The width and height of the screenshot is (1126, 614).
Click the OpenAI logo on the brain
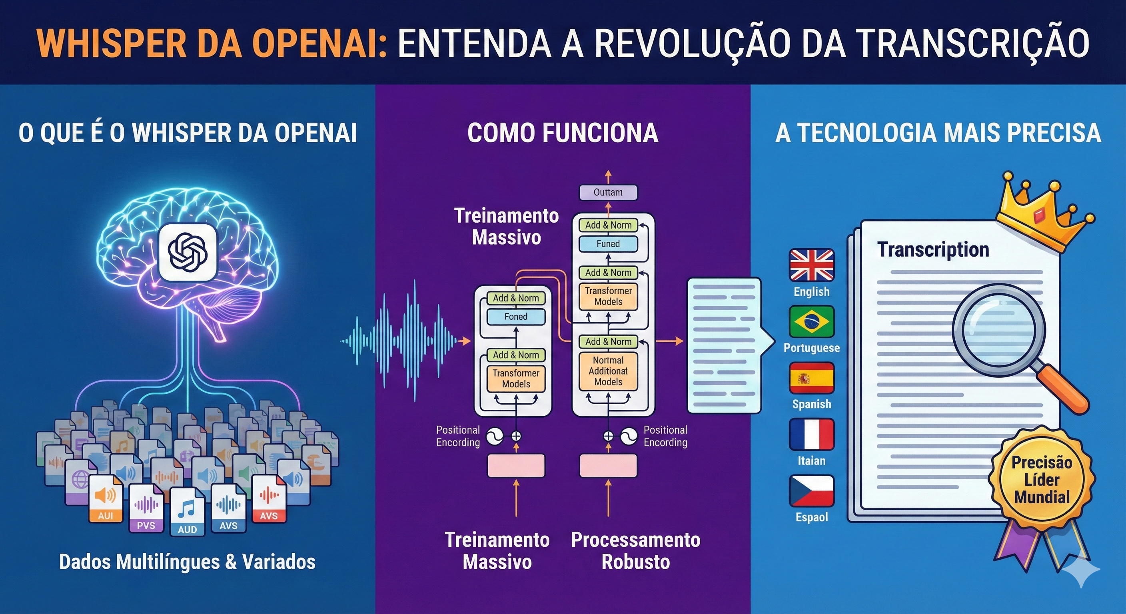188,252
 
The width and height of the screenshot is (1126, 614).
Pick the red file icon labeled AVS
269,498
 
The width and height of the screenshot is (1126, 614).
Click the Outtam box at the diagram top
608,192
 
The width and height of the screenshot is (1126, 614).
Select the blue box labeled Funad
608,244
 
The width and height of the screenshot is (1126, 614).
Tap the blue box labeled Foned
516,317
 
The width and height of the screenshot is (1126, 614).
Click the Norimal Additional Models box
608,371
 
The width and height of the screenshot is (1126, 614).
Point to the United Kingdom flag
811,265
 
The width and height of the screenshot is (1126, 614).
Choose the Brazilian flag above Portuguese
811,321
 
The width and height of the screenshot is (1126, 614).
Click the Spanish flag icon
811,378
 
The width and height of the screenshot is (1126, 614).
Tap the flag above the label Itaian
811,435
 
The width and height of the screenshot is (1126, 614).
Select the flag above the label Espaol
811,491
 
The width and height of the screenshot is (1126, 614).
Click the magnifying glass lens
998,328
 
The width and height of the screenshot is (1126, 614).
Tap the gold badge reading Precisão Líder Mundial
1042,479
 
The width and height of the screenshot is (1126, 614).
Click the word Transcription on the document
933,250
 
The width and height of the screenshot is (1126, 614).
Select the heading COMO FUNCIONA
563,133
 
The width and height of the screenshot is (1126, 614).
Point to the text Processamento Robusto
635,550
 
